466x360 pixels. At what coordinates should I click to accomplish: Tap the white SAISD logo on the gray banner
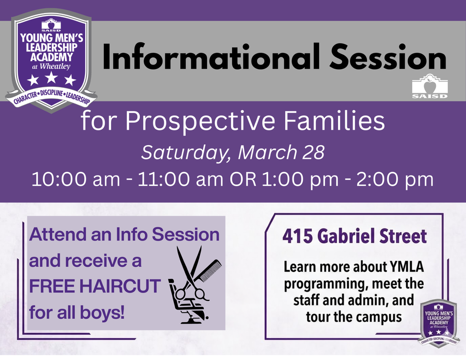coord(429,86)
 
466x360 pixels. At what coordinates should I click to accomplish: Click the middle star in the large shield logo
coord(51,78)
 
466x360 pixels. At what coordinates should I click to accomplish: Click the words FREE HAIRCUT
coord(95,287)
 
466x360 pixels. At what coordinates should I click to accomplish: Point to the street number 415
coord(297,237)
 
